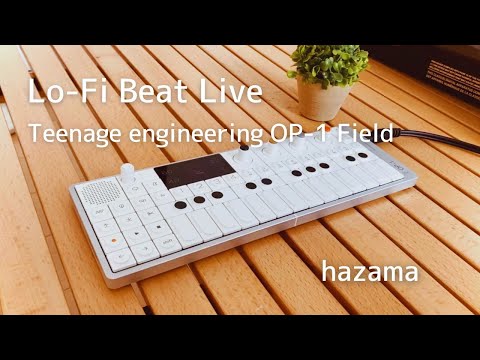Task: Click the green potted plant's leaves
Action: pos(327,65)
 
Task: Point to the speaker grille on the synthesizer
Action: pos(96,196)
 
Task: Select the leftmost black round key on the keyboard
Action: pos(179,207)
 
